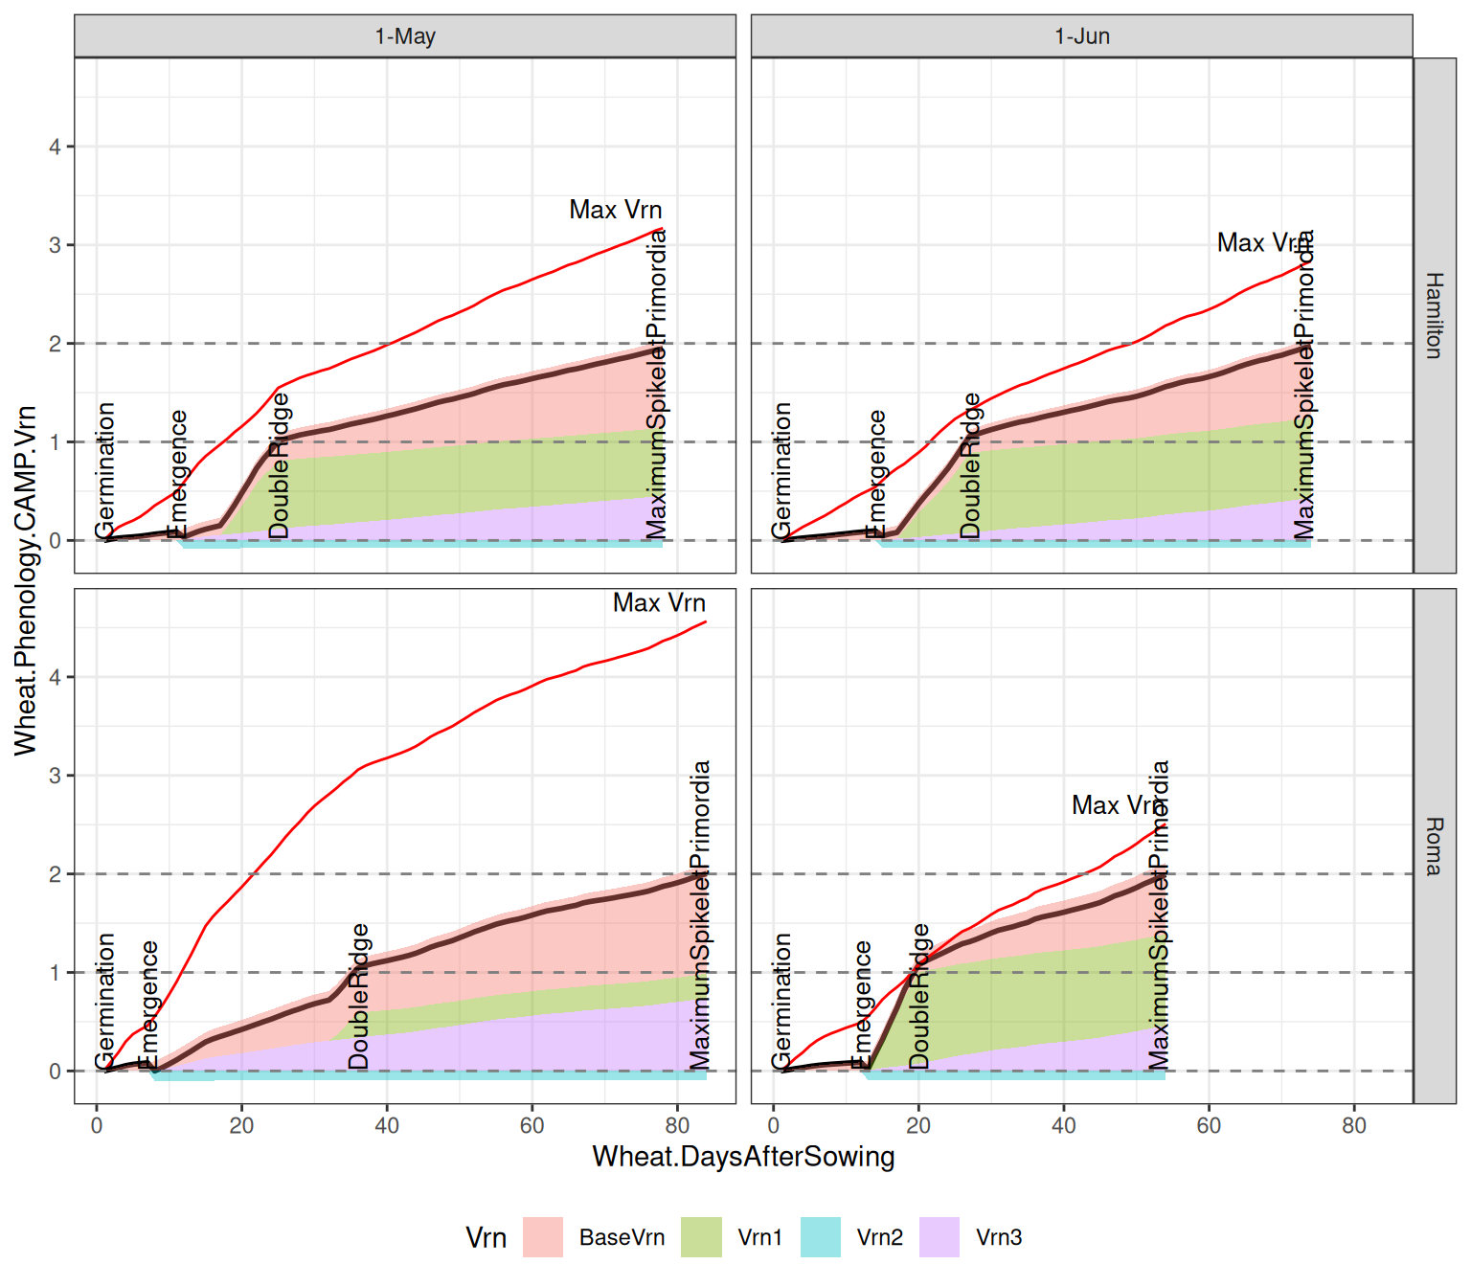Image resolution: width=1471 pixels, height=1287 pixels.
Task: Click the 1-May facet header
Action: [x=405, y=36]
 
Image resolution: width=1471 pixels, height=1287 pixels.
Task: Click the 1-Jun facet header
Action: [x=1081, y=36]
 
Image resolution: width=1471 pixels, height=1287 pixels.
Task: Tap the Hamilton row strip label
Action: [x=1434, y=315]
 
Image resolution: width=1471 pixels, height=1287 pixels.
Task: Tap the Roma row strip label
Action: [x=1434, y=847]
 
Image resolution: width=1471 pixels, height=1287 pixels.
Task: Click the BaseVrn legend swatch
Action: [x=543, y=1237]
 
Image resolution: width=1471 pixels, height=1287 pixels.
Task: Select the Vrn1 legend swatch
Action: [x=701, y=1237]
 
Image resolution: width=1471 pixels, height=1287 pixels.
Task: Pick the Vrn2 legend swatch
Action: [x=820, y=1237]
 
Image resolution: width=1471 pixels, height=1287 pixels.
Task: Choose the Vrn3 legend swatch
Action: [x=939, y=1237]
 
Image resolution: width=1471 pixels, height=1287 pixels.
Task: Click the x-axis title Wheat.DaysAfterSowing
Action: [x=743, y=1157]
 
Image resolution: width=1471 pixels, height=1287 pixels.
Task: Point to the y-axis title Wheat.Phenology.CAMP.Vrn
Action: [x=26, y=580]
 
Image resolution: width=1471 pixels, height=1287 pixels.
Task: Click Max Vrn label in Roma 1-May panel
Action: [x=659, y=603]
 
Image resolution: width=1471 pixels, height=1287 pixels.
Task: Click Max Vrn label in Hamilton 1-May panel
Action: [x=615, y=210]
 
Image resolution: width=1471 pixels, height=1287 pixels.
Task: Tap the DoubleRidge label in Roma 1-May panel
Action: [x=358, y=996]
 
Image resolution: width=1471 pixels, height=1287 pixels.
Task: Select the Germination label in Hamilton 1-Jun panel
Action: [x=781, y=470]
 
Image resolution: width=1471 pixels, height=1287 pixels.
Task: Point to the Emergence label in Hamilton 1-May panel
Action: [x=178, y=474]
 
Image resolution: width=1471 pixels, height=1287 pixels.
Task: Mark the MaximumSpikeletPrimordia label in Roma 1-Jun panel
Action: [x=1159, y=914]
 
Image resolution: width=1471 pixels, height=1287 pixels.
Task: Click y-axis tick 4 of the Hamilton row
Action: [x=56, y=147]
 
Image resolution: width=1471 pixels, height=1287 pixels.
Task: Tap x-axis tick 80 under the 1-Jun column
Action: [x=1353, y=1125]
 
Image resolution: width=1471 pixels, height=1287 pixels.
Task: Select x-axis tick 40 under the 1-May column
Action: [x=387, y=1125]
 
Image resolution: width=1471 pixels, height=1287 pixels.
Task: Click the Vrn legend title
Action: [x=486, y=1237]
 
